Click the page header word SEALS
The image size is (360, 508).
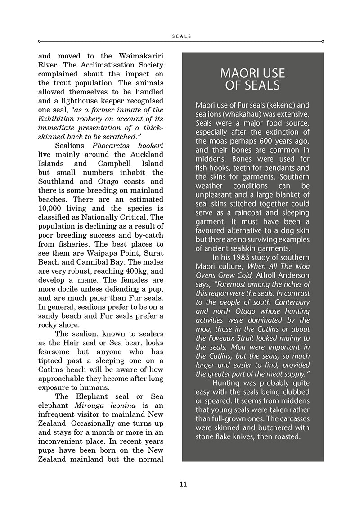pos(182,36)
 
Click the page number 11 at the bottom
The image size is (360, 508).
pos(183,485)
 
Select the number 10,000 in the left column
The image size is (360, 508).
pos(52,208)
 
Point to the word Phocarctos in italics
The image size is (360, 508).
pos(112,146)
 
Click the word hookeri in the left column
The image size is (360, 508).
pos(149,146)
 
